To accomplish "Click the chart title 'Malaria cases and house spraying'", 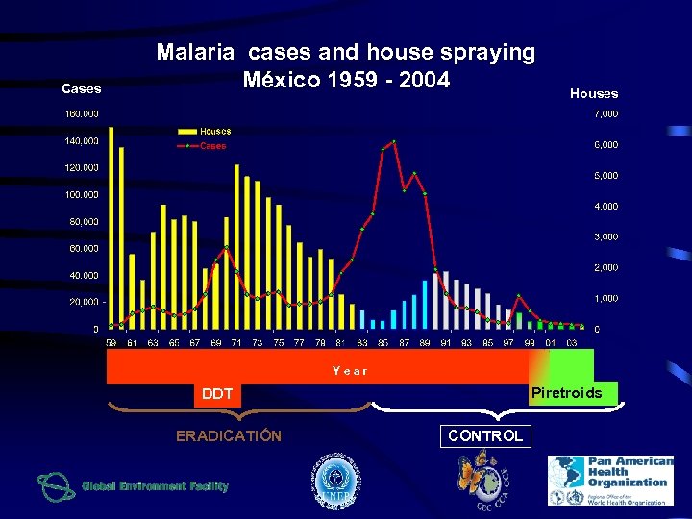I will click(x=346, y=52).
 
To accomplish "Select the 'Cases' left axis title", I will click(x=82, y=88).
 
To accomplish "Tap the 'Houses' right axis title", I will click(x=594, y=93).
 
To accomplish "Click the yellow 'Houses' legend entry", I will click(x=214, y=132).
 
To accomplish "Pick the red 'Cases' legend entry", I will click(x=212, y=146).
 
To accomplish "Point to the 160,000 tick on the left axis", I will click(x=82, y=113).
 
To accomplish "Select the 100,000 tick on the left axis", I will click(x=82, y=195).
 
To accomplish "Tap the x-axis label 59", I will click(x=111, y=342).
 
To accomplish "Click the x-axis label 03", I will click(x=571, y=342).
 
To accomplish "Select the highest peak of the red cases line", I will click(x=394, y=142).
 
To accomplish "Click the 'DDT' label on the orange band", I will click(x=217, y=393).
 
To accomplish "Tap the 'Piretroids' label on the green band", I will click(x=566, y=393).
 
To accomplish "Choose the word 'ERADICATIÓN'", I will click(x=229, y=436).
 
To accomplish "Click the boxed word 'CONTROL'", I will click(x=486, y=435).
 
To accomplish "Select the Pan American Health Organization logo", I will click(x=610, y=480).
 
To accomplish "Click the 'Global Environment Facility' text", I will click(x=155, y=486).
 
